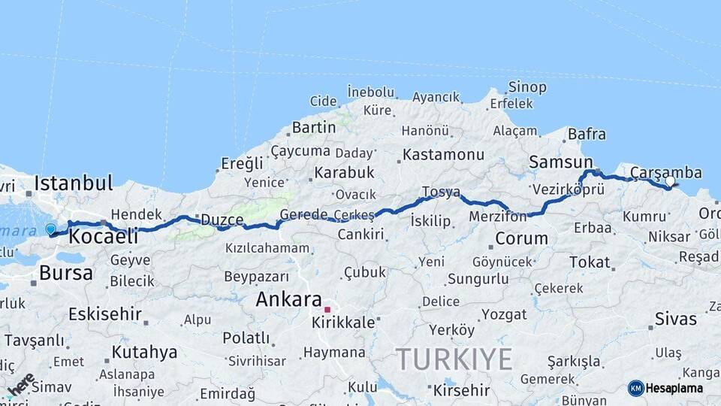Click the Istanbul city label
(74, 183)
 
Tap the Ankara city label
(288, 298)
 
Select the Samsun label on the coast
(561, 162)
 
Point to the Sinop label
(527, 87)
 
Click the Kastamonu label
(443, 155)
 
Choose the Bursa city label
(66, 272)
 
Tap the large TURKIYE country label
(454, 359)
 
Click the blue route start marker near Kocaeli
(50, 229)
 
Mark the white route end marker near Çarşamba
(670, 181)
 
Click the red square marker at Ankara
(327, 309)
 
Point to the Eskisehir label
(105, 314)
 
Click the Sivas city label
(676, 319)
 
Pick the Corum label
(522, 239)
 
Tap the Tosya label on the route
(441, 192)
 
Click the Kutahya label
(144, 352)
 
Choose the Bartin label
(314, 128)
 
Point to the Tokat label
(590, 262)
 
